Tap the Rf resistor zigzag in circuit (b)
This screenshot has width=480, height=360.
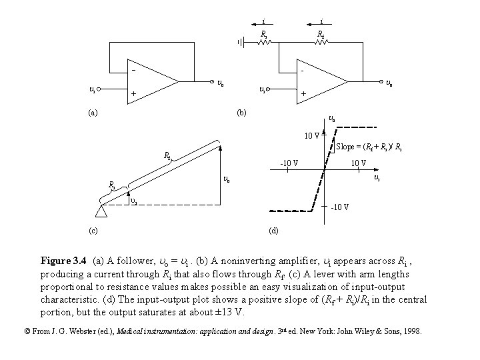(321, 43)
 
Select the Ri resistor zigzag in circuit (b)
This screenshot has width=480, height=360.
(265, 43)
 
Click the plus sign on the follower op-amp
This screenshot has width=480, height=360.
(133, 94)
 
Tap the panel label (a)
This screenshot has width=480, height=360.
(94, 113)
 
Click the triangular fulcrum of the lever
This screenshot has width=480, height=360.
(102, 213)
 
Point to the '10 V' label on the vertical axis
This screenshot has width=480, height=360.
(311, 137)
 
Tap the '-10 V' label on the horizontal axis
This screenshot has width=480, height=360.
(288, 162)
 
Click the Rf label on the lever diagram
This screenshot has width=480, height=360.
(168, 155)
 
